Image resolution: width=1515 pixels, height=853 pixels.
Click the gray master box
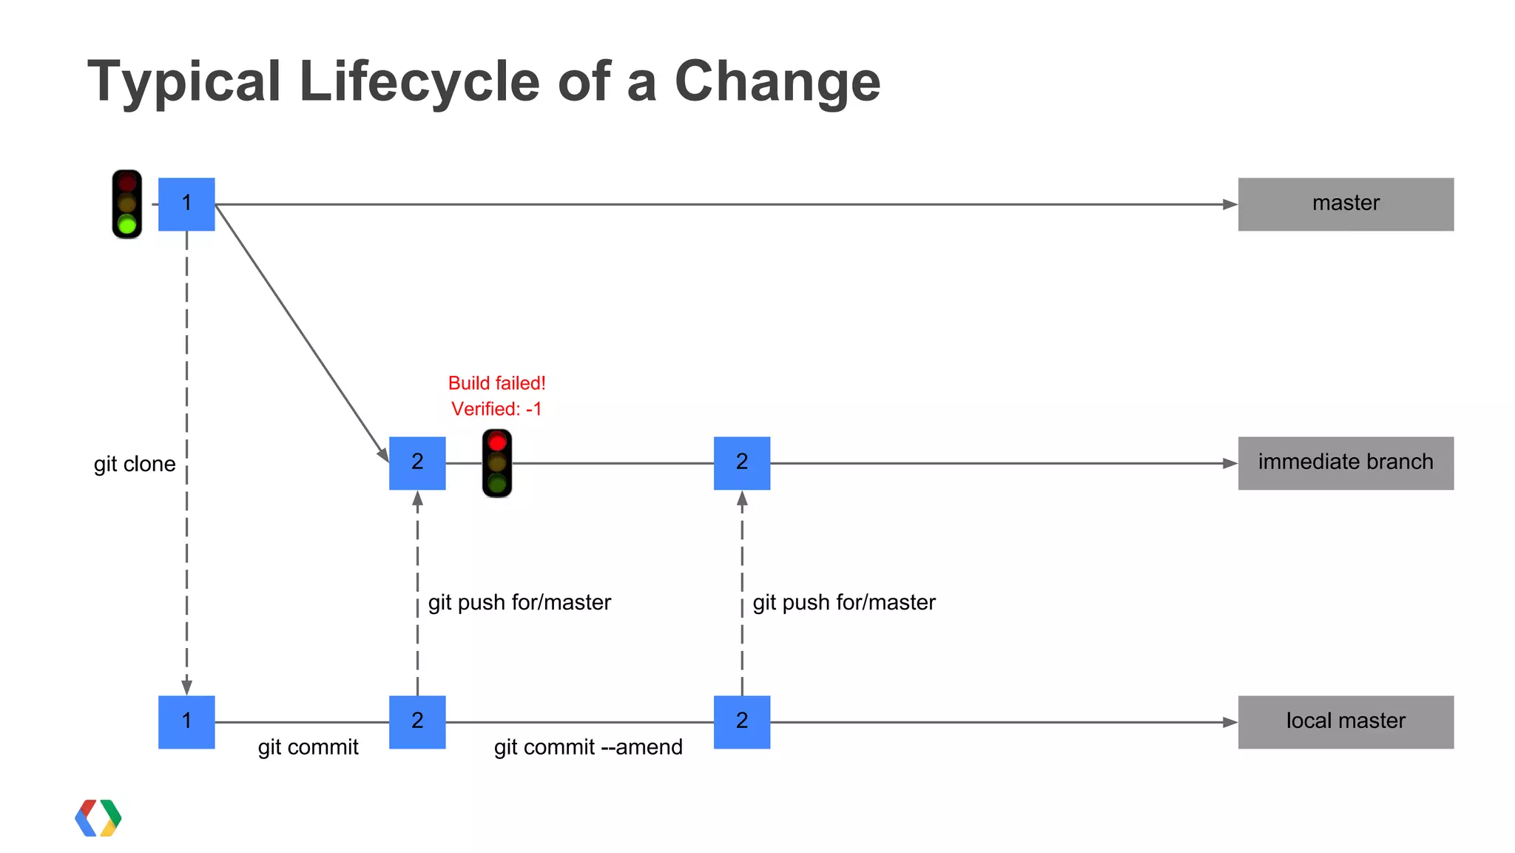(x=1345, y=204)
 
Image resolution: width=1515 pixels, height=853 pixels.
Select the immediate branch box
(x=1345, y=463)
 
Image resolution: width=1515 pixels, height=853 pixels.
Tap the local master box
(x=1345, y=722)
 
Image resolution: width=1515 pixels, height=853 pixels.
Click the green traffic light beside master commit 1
(x=127, y=204)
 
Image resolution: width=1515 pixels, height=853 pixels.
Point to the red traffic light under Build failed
(x=497, y=463)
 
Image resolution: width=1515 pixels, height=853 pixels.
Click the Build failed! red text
(x=496, y=383)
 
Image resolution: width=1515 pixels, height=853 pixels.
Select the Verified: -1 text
(x=496, y=409)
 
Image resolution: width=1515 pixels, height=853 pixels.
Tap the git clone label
(x=135, y=465)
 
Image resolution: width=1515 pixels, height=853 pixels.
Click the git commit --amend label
(x=588, y=747)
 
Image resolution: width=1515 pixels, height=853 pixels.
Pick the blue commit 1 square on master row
(x=186, y=204)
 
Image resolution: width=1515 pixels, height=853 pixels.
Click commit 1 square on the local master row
(x=186, y=722)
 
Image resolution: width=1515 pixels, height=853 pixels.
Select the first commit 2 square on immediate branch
(x=417, y=463)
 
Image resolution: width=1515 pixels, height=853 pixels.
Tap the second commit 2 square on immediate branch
(x=742, y=463)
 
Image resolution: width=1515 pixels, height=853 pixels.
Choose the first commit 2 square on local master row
(x=417, y=722)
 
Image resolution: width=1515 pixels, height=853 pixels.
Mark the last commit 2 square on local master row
(x=742, y=722)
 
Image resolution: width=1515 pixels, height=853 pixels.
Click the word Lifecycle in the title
(x=419, y=81)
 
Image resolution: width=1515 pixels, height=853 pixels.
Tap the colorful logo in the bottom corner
(x=98, y=818)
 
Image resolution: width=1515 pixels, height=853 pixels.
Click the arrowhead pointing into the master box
(x=1229, y=204)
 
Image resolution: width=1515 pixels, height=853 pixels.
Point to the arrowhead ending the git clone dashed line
(x=186, y=686)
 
